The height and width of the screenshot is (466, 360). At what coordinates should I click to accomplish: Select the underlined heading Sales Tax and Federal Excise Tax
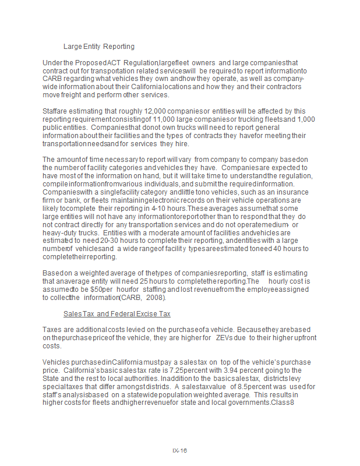point(117,314)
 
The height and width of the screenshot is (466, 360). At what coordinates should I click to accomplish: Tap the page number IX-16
point(179,450)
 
